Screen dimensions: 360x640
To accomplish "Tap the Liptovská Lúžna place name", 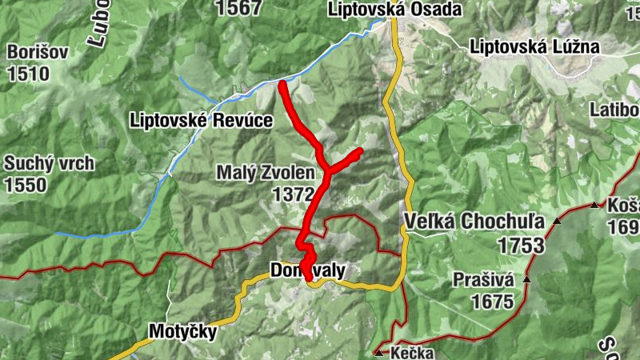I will [x=534, y=46].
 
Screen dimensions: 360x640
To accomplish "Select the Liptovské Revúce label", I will [x=201, y=121].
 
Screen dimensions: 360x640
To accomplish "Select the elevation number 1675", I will [x=491, y=302].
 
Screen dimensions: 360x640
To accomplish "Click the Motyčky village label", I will [x=182, y=331].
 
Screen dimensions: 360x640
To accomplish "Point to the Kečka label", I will [x=413, y=353].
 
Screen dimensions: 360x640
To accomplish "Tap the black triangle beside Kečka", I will [x=378, y=352].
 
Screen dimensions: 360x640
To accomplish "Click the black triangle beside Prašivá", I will [x=527, y=279].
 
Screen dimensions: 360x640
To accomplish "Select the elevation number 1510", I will [x=28, y=74].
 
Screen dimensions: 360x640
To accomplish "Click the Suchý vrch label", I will [x=49, y=164].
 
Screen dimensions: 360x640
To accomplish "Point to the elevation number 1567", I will [x=238, y=8].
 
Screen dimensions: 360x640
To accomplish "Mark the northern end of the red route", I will [x=282, y=83].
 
